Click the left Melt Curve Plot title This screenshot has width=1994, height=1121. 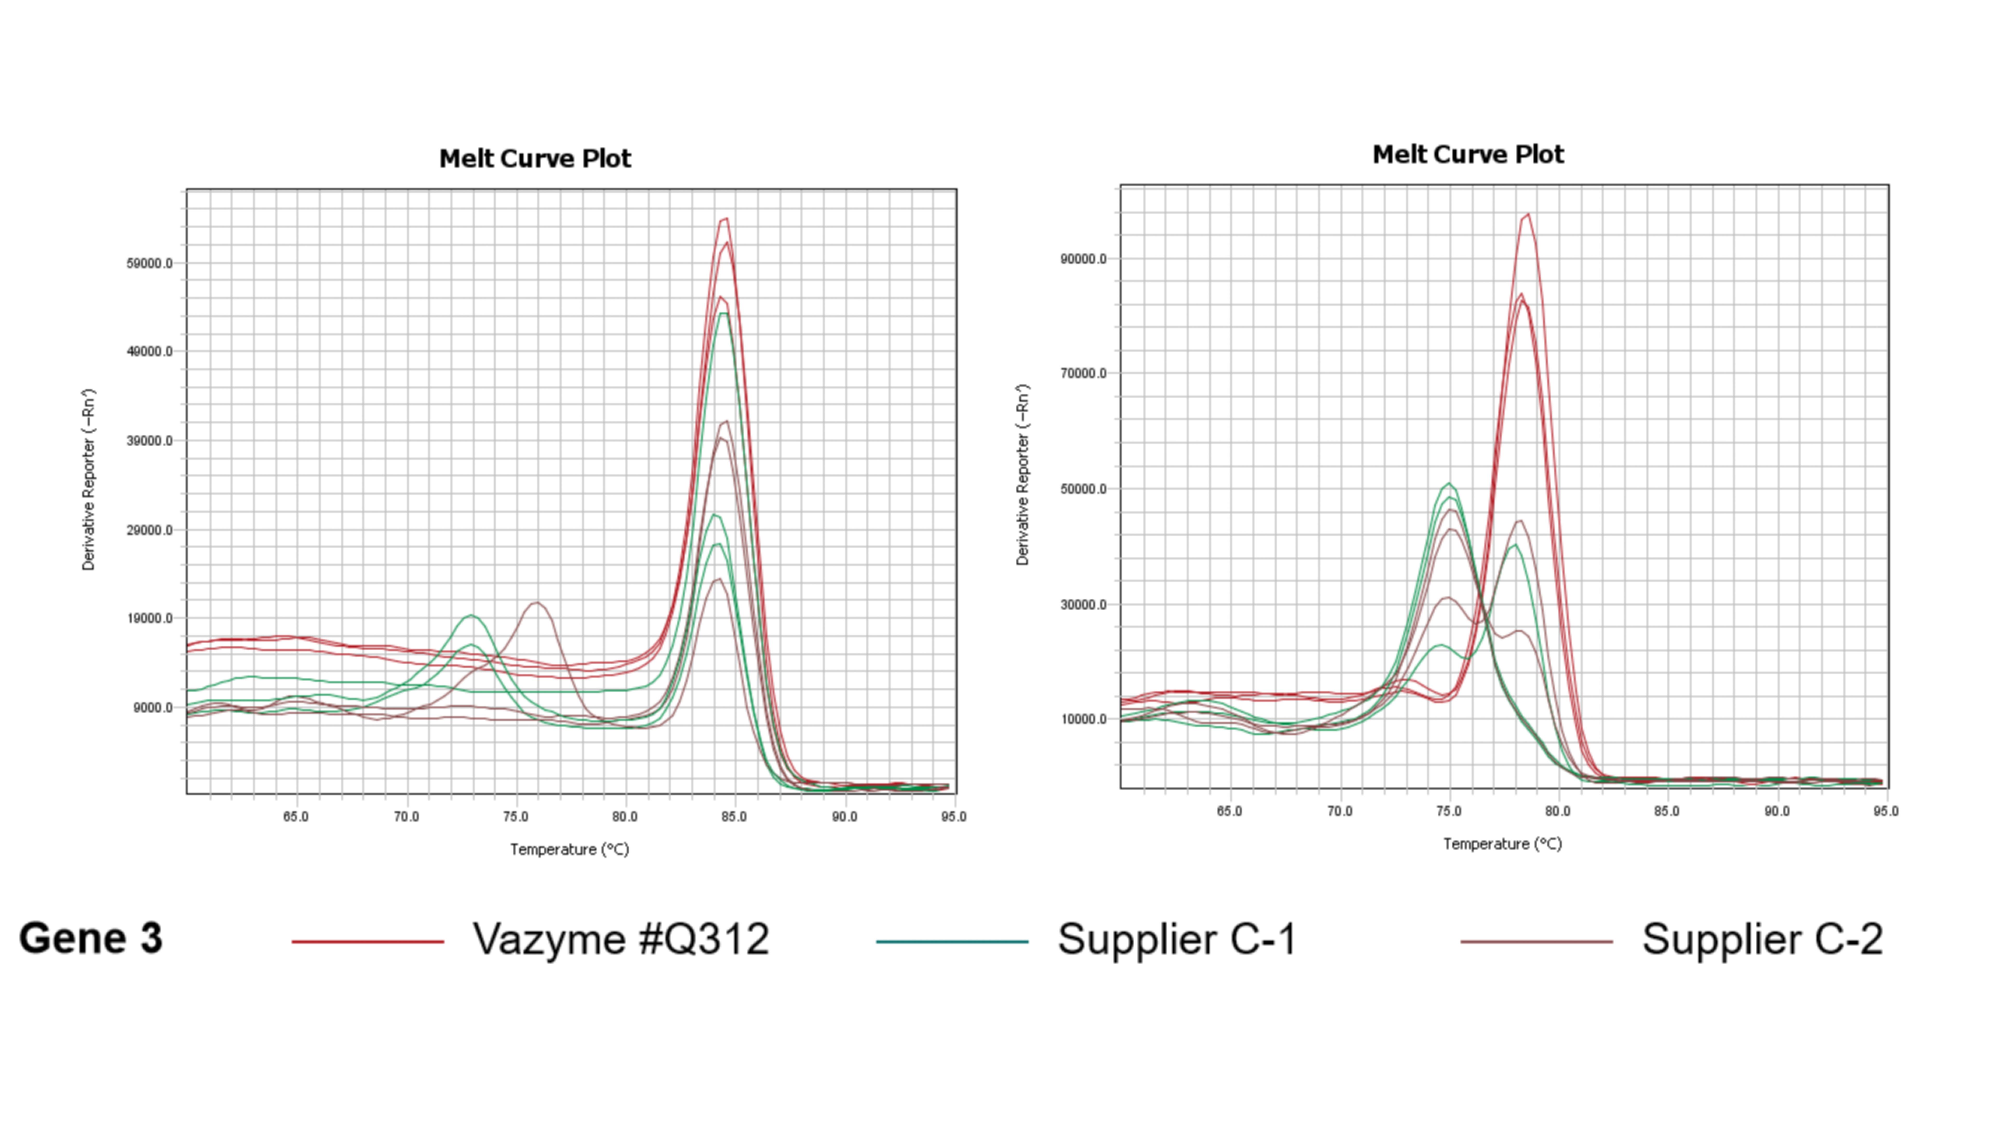[535, 159]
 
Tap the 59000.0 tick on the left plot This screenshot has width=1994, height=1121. [149, 263]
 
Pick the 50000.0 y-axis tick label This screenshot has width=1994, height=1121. [1083, 489]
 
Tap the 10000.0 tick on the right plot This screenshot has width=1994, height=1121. [1083, 719]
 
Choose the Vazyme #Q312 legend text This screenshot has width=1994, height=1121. [621, 939]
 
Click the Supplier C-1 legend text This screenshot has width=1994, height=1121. [1177, 939]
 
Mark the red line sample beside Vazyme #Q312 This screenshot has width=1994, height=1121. [368, 941]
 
